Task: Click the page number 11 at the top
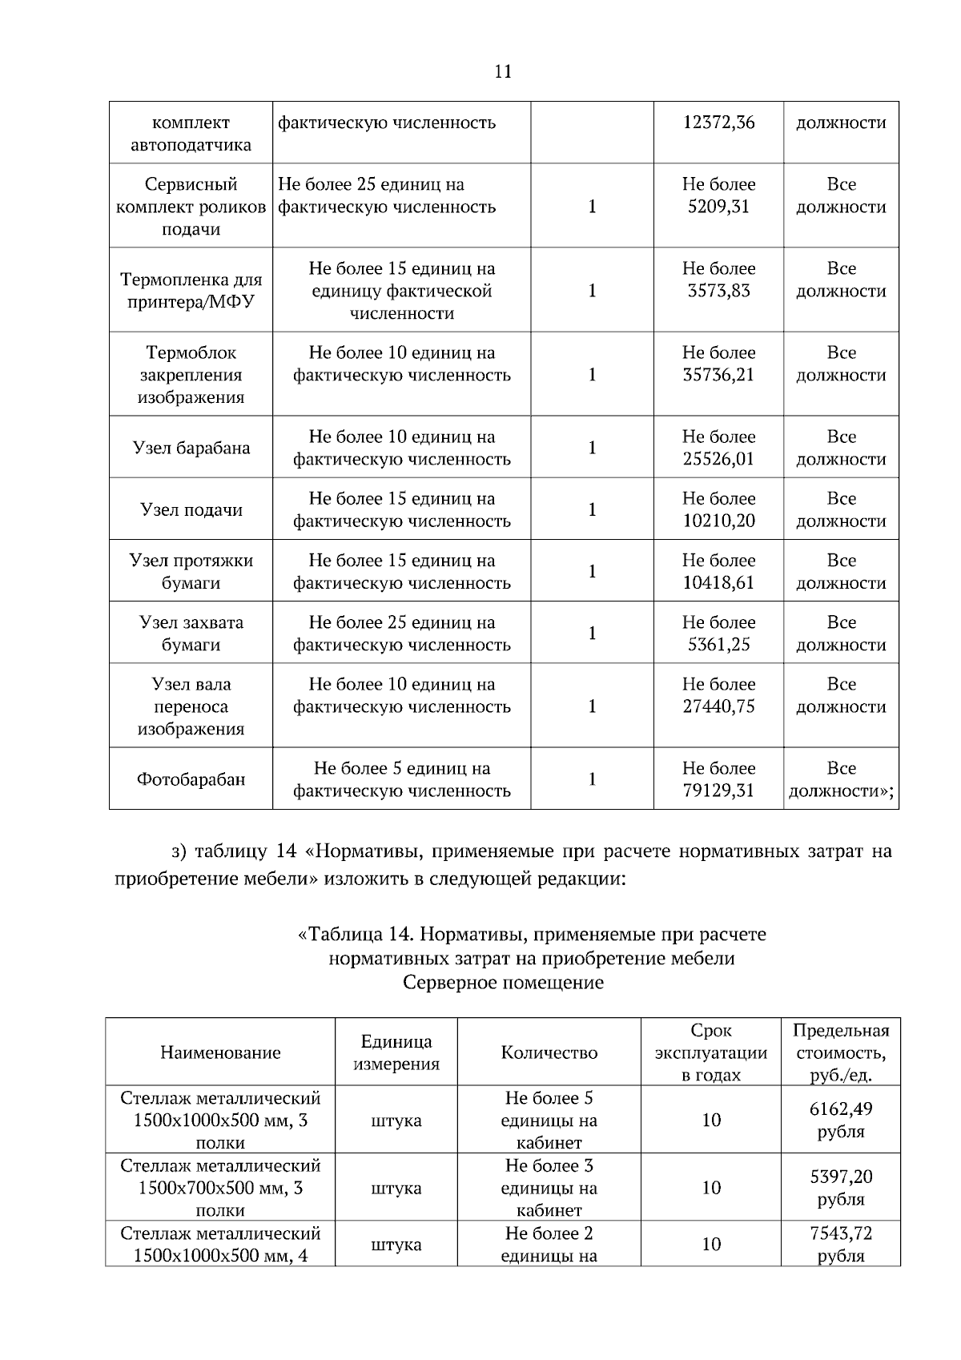point(503,72)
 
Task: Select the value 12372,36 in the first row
point(718,123)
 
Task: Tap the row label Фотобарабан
point(191,779)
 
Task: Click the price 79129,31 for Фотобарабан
point(718,791)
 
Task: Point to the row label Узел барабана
point(191,448)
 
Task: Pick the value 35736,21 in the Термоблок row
point(718,375)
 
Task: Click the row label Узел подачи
point(191,509)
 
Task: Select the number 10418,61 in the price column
point(718,583)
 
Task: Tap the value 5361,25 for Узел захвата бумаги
point(718,645)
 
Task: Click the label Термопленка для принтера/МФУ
point(191,291)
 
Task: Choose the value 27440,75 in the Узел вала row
point(718,706)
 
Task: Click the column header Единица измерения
point(396,1052)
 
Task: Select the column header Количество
point(549,1052)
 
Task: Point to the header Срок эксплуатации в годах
point(710,1052)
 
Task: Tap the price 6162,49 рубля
point(841,1120)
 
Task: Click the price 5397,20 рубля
point(841,1187)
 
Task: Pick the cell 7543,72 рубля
point(841,1244)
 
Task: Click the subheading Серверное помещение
point(503,982)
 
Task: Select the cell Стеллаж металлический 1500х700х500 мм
point(220,1187)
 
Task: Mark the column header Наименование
point(220,1052)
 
